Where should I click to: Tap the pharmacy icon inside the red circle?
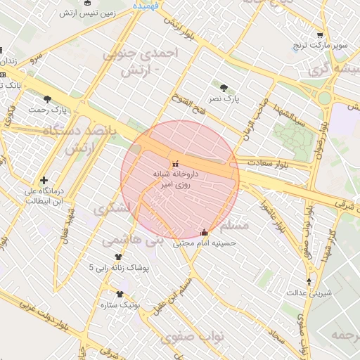(x=175, y=163)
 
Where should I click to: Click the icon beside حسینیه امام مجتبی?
(x=205, y=232)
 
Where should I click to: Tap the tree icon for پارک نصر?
(x=224, y=88)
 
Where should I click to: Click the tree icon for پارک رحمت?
(x=47, y=99)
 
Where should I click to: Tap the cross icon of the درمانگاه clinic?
(x=44, y=181)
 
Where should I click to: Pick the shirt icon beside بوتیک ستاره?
(x=119, y=295)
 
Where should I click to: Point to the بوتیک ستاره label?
(x=122, y=305)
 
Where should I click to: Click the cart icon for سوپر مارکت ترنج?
(x=320, y=34)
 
